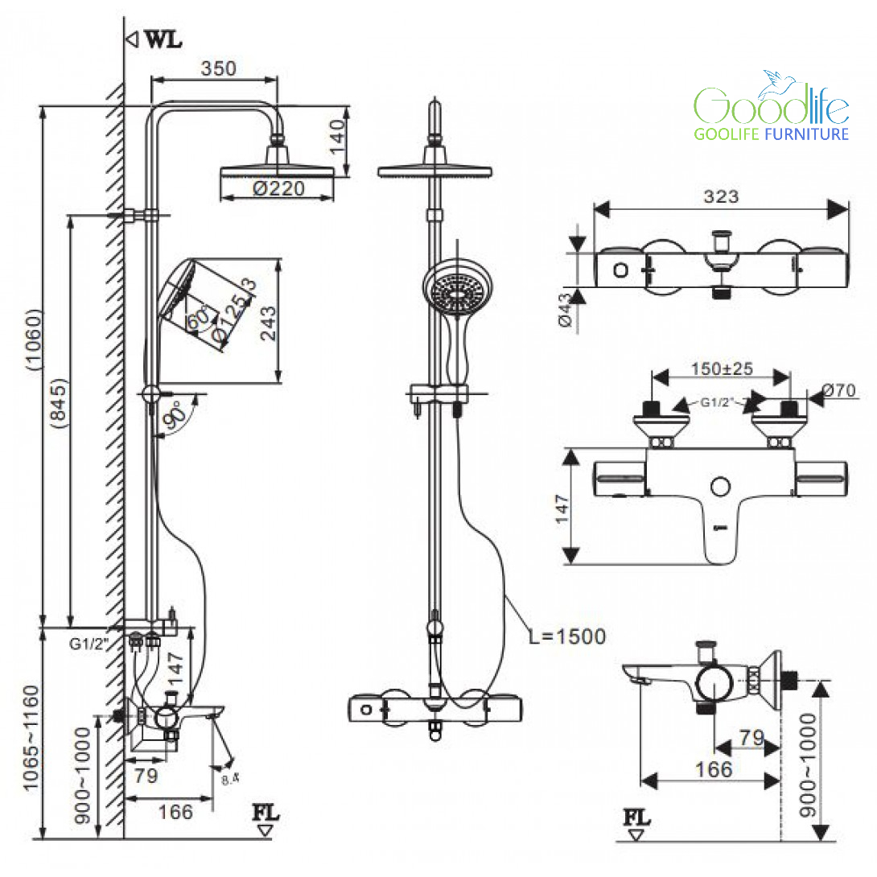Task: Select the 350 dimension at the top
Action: click(219, 68)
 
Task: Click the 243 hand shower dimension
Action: click(268, 321)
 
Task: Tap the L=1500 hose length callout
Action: click(566, 636)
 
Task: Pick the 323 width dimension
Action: click(720, 196)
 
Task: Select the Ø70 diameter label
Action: click(839, 392)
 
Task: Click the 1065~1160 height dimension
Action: click(30, 738)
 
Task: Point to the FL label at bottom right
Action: click(636, 818)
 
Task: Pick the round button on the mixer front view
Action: click(721, 486)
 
